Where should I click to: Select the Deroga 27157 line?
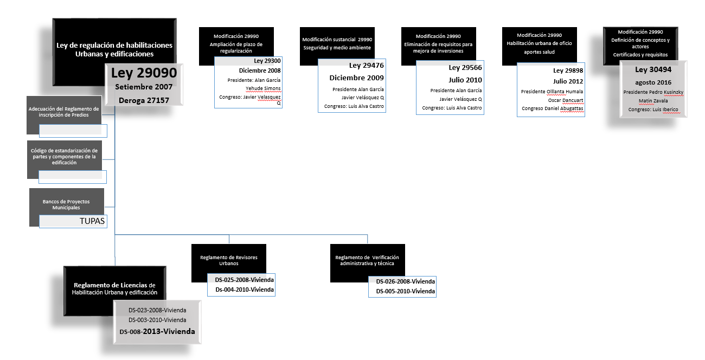click(x=144, y=100)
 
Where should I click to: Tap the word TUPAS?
click(x=92, y=221)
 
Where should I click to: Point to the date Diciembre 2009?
click(x=356, y=78)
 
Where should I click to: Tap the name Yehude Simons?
click(x=263, y=88)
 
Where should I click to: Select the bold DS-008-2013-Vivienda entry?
click(x=157, y=331)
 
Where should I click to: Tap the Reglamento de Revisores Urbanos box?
click(x=228, y=260)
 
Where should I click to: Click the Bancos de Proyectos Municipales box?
click(x=66, y=204)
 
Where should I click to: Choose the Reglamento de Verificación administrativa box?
click(x=367, y=260)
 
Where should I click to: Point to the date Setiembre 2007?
click(x=144, y=87)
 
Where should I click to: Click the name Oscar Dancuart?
click(x=566, y=100)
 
